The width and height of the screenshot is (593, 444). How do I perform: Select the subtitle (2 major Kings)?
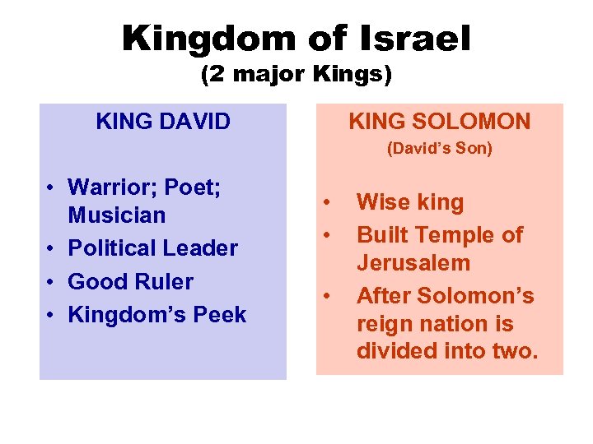click(x=296, y=76)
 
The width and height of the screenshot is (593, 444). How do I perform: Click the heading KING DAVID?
click(x=163, y=123)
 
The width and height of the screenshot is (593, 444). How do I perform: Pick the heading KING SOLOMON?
click(x=440, y=123)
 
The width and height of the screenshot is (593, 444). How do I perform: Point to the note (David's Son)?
click(x=440, y=150)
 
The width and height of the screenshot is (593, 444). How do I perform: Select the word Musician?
click(x=117, y=215)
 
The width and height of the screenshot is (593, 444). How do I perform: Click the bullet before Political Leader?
click(x=51, y=249)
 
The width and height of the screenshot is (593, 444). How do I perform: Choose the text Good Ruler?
click(x=130, y=281)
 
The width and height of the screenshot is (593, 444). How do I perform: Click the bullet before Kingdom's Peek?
click(x=51, y=315)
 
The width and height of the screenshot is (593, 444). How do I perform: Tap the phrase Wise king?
click(x=410, y=202)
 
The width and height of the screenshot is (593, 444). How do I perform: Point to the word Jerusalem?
click(x=413, y=264)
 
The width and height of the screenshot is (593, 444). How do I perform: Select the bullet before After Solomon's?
click(x=328, y=295)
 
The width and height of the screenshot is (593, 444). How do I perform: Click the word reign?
click(x=385, y=323)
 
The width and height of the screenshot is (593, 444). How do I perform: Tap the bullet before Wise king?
click(x=328, y=202)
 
